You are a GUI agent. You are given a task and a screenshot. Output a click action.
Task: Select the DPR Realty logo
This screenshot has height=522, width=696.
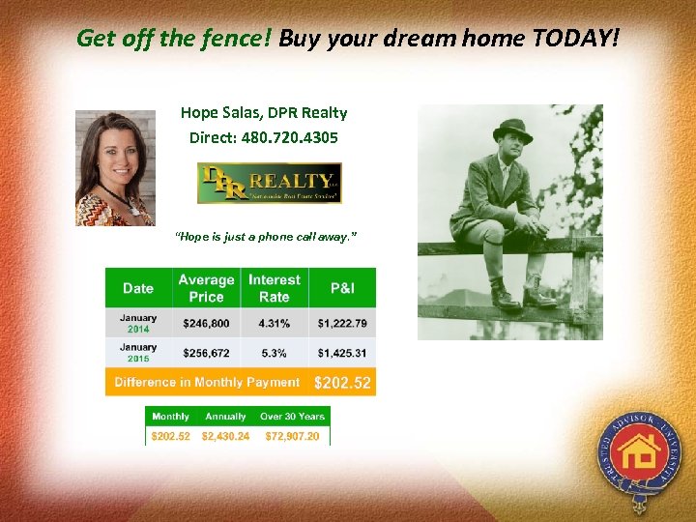click(269, 183)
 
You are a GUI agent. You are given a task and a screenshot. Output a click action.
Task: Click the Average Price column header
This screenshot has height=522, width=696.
click(206, 288)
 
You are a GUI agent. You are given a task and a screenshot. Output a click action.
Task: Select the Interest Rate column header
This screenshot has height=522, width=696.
click(275, 288)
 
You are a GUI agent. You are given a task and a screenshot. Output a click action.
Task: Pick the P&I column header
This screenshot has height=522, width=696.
click(342, 288)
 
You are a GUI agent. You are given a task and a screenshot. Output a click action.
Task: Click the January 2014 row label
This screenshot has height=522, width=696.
click(138, 323)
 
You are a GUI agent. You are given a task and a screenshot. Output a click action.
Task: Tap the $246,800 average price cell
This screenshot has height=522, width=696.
click(206, 324)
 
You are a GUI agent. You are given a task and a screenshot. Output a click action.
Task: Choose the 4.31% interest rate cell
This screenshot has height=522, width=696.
click(275, 324)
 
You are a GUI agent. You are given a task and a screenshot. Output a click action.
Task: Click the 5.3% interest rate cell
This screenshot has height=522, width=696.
click(275, 353)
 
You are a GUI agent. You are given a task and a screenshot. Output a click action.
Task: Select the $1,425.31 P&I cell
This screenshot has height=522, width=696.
click(342, 353)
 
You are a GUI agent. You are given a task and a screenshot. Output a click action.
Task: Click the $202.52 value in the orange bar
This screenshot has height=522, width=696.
click(342, 384)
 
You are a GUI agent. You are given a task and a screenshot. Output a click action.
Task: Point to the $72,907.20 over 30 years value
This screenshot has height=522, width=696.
click(292, 436)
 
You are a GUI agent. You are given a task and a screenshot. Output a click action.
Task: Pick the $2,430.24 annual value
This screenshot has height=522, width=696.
click(225, 436)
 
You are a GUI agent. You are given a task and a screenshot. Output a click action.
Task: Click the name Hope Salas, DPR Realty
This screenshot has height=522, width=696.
click(264, 112)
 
